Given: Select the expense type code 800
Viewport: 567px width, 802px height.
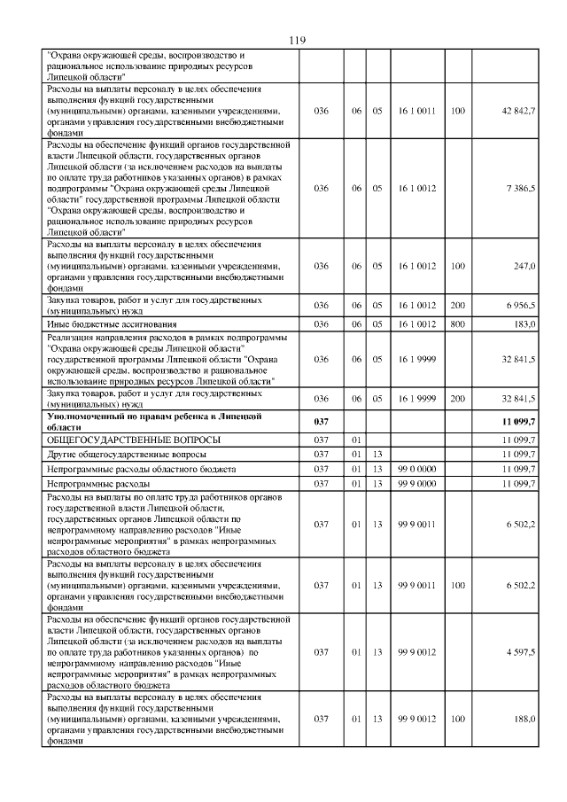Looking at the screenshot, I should coord(457,324).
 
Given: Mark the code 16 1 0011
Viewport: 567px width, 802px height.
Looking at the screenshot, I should coord(416,111).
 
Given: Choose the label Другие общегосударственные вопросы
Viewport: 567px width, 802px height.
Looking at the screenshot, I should coord(118,454).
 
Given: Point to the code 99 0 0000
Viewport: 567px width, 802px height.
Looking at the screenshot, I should coord(416,468).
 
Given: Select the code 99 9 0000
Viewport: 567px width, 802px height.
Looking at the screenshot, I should coord(416,483).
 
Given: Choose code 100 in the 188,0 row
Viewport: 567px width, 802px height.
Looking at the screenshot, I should coord(457,719).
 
